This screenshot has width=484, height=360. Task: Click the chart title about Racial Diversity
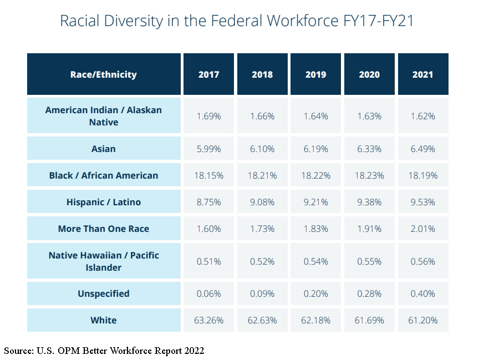tap(237, 22)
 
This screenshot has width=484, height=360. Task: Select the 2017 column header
tap(209, 74)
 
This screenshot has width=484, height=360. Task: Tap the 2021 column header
tap(423, 74)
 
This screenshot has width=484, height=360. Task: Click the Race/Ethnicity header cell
tap(104, 74)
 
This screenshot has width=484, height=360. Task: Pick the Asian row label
tap(104, 149)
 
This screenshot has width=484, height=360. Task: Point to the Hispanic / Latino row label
tap(104, 202)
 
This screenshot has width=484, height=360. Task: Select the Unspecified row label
tap(104, 293)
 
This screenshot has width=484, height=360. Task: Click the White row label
tap(104, 320)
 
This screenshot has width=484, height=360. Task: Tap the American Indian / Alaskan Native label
tap(104, 116)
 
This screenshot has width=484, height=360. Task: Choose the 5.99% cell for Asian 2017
tap(209, 149)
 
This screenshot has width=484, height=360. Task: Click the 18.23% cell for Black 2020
tap(369, 175)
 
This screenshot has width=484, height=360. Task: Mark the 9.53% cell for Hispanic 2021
tap(423, 202)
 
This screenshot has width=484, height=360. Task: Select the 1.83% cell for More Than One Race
tap(316, 229)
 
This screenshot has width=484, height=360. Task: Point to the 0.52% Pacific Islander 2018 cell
tap(262, 261)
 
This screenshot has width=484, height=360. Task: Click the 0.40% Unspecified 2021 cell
tap(423, 293)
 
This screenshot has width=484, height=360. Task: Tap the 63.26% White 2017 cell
tap(209, 320)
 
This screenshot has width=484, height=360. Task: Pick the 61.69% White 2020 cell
tap(369, 320)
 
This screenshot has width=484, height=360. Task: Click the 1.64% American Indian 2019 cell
tap(316, 116)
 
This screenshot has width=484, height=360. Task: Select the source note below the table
tap(104, 351)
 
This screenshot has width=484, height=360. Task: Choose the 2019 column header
tap(316, 74)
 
